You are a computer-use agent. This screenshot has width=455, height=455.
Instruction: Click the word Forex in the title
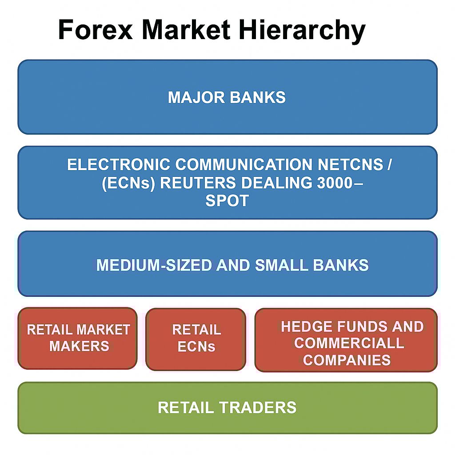pos(96,29)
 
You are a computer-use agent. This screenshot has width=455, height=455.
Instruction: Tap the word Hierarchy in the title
pos(302,31)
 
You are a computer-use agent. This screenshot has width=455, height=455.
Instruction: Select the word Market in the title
pos(186,29)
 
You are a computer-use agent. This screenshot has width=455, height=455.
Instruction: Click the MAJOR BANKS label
pos(227,97)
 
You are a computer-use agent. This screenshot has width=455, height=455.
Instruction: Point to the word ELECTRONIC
pos(118,164)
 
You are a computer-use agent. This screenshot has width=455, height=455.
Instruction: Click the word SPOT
pos(227,200)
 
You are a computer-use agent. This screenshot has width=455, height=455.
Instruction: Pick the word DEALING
pos(276,183)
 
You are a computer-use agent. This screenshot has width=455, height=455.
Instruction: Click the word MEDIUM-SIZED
pos(154,265)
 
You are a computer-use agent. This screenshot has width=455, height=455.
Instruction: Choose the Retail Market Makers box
pos(77,338)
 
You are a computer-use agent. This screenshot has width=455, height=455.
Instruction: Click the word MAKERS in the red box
pos(79,346)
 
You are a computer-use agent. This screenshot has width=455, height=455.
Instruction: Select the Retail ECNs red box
pos(196,339)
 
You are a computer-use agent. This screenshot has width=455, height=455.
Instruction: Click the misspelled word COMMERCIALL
pos(349,343)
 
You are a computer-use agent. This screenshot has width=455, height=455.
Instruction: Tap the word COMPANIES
pos(347,360)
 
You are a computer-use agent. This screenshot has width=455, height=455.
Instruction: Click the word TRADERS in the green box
pos(258,407)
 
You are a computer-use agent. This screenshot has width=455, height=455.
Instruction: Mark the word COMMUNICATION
pos(244,164)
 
